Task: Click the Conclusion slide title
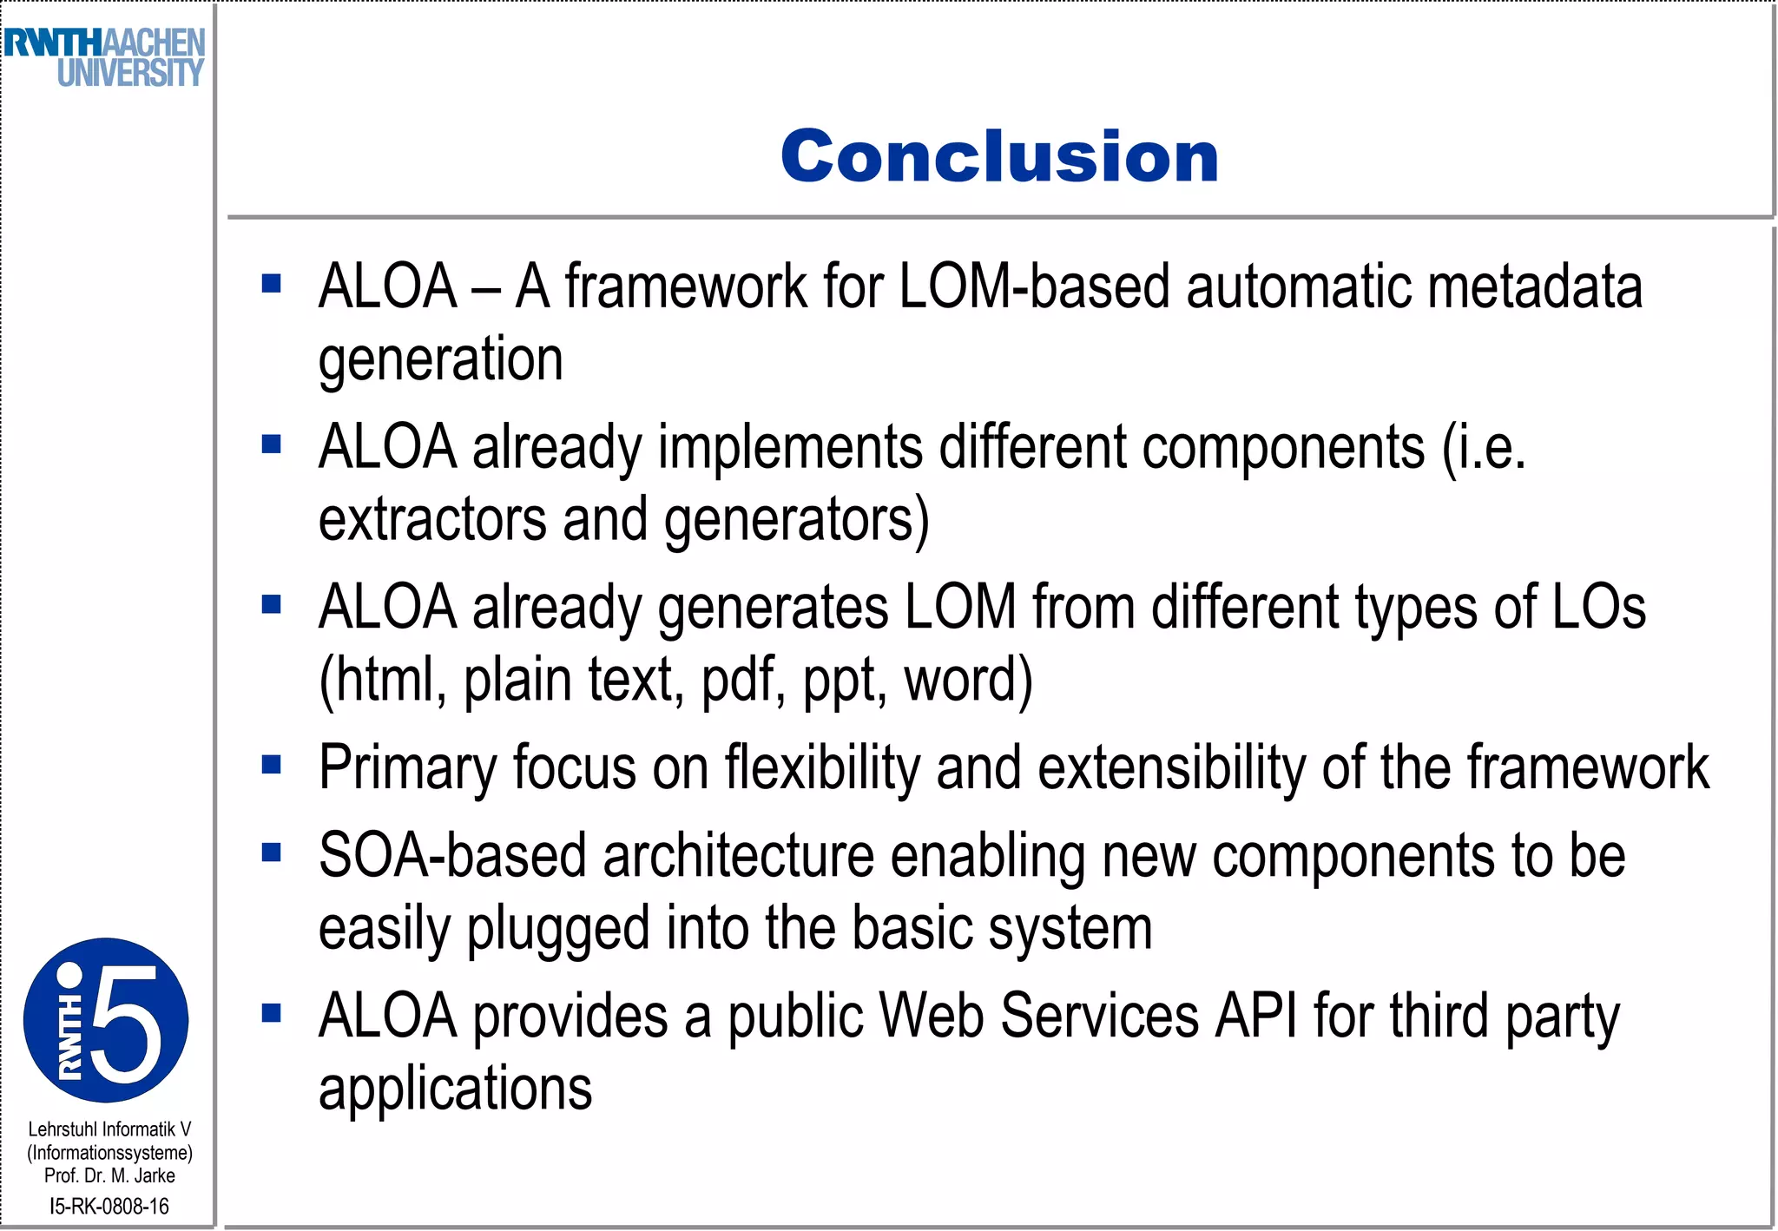coord(999,156)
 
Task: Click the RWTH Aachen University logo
coord(105,57)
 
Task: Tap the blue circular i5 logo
coord(106,1020)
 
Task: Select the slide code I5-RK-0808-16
coord(109,1206)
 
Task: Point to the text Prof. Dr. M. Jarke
coord(109,1175)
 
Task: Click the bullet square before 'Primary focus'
coord(272,764)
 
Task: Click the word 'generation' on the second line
coord(441,359)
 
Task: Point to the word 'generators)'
coord(796,519)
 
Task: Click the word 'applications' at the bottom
coord(455,1089)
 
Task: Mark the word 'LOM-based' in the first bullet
coord(1034,287)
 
